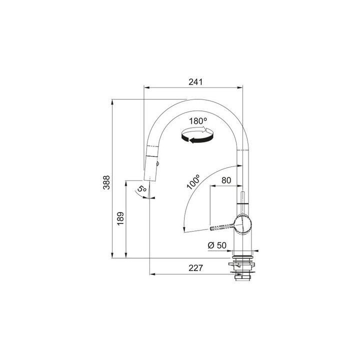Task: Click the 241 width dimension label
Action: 195,82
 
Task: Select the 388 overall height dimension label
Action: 106,182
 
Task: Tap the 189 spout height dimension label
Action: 120,218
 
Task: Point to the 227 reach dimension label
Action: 196,267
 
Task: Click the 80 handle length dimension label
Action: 226,180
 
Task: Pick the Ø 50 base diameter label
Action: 217,245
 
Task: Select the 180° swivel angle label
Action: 198,121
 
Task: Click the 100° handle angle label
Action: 193,182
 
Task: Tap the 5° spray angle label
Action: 142,188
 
